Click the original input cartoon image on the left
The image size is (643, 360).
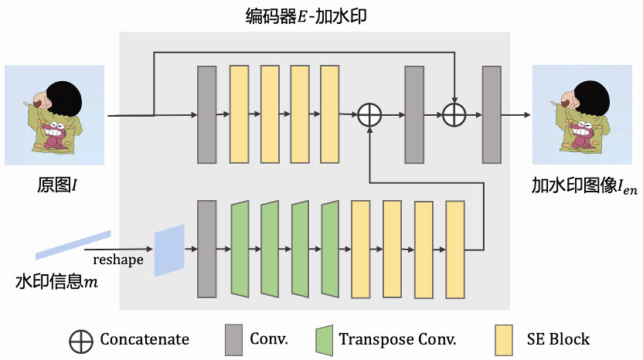pos(54,115)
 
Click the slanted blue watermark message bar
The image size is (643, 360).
pos(73,244)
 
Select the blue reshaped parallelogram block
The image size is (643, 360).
pos(169,250)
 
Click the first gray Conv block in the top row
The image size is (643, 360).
pos(206,115)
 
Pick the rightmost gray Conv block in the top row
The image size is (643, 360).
pos(492,115)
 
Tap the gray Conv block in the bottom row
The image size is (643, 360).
pos(206,249)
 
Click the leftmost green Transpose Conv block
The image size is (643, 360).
pos(240,249)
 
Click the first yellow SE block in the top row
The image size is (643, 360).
pos(239,115)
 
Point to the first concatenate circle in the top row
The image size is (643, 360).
pos(371,115)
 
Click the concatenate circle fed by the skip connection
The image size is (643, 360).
pos(454,115)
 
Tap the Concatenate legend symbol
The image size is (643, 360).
pos(80,339)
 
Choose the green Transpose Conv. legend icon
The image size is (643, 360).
pos(324,339)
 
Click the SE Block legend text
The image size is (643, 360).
pos(558,339)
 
